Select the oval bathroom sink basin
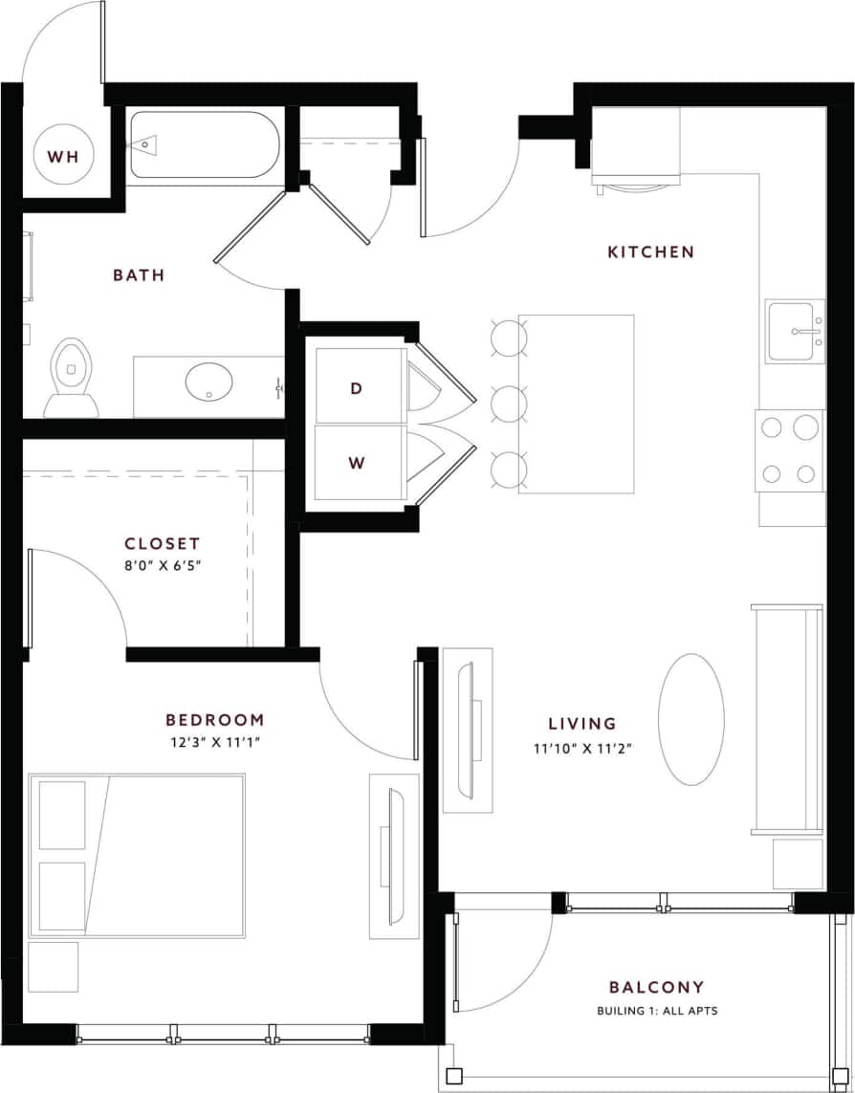(x=209, y=383)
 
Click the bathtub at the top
(x=204, y=144)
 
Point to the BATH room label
(x=139, y=275)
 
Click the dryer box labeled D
(x=356, y=387)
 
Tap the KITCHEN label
(x=651, y=251)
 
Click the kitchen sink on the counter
(x=795, y=332)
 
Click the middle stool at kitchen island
(x=509, y=404)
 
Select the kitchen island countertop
(x=577, y=404)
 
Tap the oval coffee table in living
(x=691, y=719)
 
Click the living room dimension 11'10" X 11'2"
(x=582, y=749)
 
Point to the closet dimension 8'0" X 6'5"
(x=162, y=565)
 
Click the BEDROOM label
(x=214, y=720)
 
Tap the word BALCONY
(x=656, y=987)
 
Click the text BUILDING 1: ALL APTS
(x=656, y=1011)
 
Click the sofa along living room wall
(x=787, y=719)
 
